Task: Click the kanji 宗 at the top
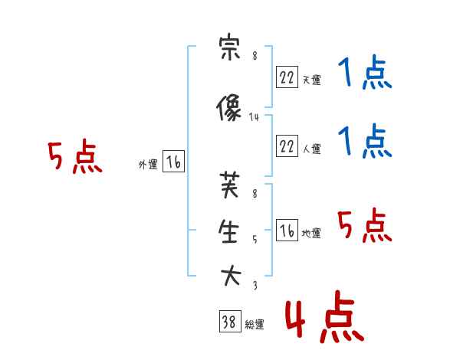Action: point(230,47)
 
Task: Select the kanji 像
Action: point(228,107)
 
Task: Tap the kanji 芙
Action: point(230,185)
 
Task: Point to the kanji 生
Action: point(228,231)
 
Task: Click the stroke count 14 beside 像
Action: point(254,117)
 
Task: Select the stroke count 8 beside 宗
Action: point(255,56)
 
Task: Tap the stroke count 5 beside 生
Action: point(255,240)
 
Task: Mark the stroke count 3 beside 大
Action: point(255,285)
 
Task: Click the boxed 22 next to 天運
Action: point(287,77)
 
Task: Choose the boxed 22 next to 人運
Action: point(287,146)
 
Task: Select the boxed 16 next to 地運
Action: point(287,230)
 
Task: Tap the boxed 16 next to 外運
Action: point(173,162)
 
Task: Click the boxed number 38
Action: point(230,321)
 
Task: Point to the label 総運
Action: point(255,325)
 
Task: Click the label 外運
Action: point(148,165)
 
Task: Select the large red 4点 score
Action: point(324,316)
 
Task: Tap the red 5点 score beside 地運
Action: point(364,225)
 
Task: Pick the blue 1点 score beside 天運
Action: point(365,72)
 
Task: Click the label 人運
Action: point(312,149)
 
